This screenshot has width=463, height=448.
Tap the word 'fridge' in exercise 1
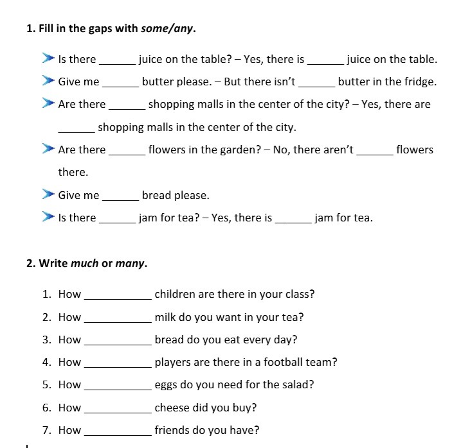click(419, 82)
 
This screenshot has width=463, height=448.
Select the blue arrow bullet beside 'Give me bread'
click(47, 194)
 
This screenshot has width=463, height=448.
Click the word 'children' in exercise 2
click(175, 295)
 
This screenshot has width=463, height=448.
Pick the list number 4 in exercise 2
click(47, 362)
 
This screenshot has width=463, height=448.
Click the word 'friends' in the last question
click(172, 430)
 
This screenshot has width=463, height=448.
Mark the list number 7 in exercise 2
click(47, 430)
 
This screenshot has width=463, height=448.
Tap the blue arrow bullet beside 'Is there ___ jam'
click(47, 217)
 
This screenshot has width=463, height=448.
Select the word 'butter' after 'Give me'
click(158, 82)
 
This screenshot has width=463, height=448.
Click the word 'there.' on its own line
click(73, 172)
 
